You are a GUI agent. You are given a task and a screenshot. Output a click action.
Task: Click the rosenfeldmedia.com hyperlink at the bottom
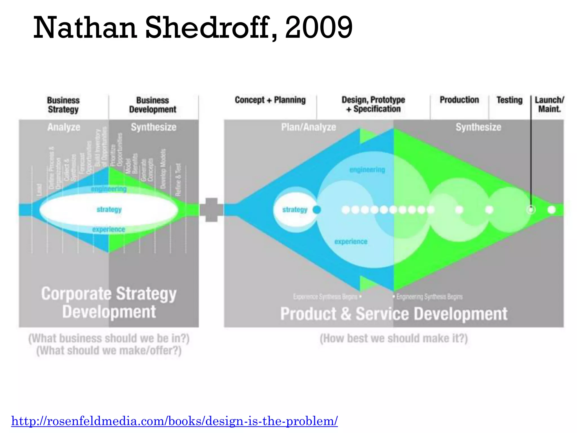[x=174, y=421]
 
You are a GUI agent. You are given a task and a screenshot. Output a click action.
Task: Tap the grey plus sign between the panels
[x=211, y=210]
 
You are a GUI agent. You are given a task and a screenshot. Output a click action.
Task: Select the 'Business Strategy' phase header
[x=63, y=105]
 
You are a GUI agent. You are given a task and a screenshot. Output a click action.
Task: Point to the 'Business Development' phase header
[x=152, y=105]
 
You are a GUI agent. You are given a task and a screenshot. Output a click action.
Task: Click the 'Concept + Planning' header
[x=270, y=100]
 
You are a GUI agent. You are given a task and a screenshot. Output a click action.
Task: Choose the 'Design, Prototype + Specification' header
[x=373, y=104]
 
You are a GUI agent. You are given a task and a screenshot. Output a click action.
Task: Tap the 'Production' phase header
[x=459, y=100]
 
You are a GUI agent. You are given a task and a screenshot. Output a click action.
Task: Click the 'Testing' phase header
[x=509, y=100]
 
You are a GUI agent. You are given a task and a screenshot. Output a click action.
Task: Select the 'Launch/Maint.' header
[x=549, y=104]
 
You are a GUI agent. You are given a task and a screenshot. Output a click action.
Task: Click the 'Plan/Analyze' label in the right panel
[x=309, y=127]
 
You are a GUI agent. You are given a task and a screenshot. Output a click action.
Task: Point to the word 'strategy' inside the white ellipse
[x=109, y=209]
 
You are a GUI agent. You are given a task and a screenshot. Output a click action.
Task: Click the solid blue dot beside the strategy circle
[x=317, y=210]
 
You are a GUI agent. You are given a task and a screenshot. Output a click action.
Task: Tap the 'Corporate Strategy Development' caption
[x=109, y=302]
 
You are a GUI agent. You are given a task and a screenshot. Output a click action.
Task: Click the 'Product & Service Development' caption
[x=394, y=314]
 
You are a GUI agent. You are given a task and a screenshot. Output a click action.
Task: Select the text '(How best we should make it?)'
[x=394, y=338]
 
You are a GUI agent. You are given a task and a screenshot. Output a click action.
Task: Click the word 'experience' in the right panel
[x=351, y=242]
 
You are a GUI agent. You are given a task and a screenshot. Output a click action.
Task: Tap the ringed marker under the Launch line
[x=531, y=210]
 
